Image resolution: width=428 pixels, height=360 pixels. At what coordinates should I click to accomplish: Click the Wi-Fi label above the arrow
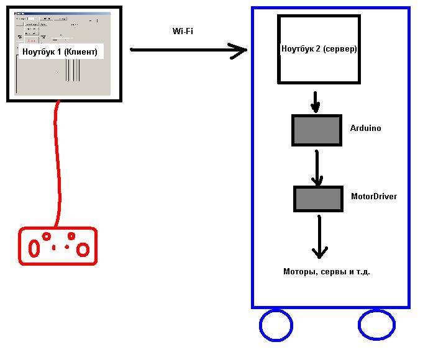182,31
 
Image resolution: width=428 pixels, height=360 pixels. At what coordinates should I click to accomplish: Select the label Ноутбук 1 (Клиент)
60,52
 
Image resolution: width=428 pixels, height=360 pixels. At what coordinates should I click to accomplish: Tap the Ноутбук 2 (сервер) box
319,49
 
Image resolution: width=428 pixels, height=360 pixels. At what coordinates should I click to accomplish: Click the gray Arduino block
317,130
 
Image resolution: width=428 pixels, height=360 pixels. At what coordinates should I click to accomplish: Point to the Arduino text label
366,128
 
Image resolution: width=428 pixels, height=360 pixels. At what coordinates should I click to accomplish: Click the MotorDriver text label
374,197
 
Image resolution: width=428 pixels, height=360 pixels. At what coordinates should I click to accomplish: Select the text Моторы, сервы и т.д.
326,272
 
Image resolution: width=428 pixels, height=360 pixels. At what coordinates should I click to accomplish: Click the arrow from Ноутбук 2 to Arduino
316,102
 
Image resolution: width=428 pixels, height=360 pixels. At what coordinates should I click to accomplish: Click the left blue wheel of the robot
275,325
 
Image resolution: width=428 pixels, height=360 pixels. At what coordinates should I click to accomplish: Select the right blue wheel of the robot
376,325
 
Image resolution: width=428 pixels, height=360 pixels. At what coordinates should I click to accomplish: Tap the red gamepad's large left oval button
35,248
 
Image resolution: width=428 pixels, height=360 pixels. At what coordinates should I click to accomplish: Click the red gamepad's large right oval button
83,249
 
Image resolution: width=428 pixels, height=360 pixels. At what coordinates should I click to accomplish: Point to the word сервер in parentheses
342,49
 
